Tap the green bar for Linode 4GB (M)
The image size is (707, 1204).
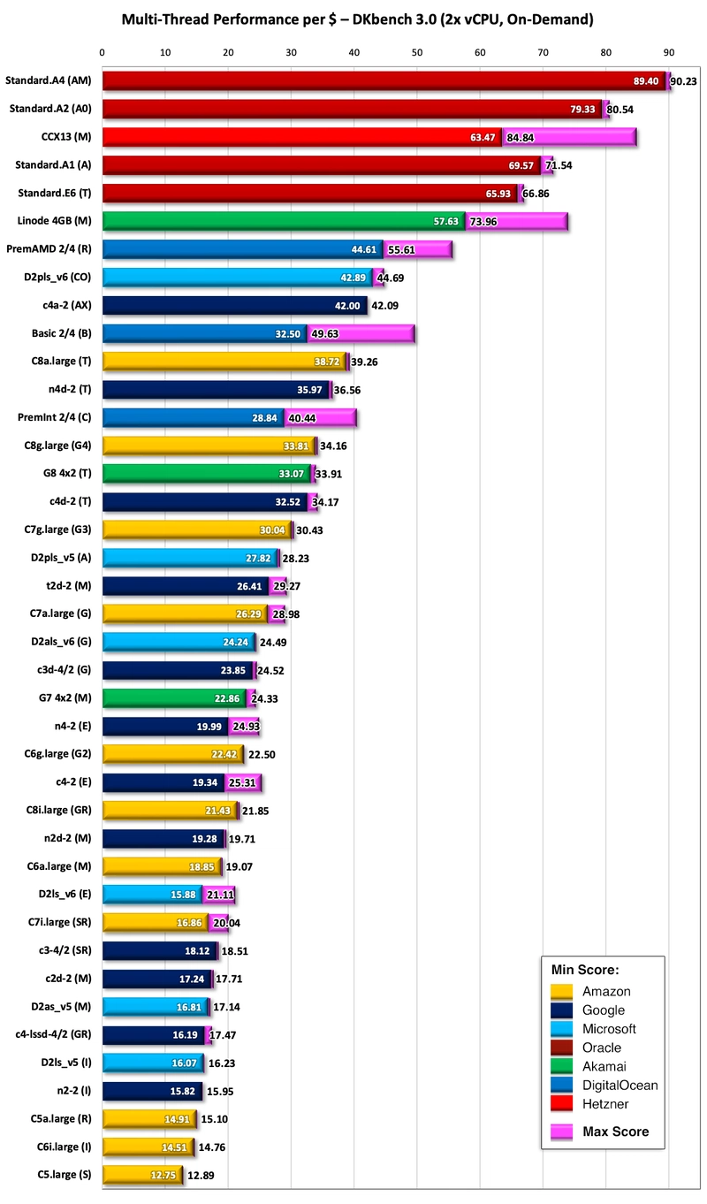tap(283, 221)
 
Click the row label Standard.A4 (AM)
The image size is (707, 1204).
tap(50, 80)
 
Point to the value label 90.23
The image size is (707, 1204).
tap(684, 81)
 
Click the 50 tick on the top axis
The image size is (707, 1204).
tap(417, 53)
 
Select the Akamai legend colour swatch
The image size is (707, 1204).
tap(562, 1067)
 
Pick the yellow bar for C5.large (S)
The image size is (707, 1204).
tap(141, 1174)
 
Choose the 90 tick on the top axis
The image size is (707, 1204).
tap(669, 53)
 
